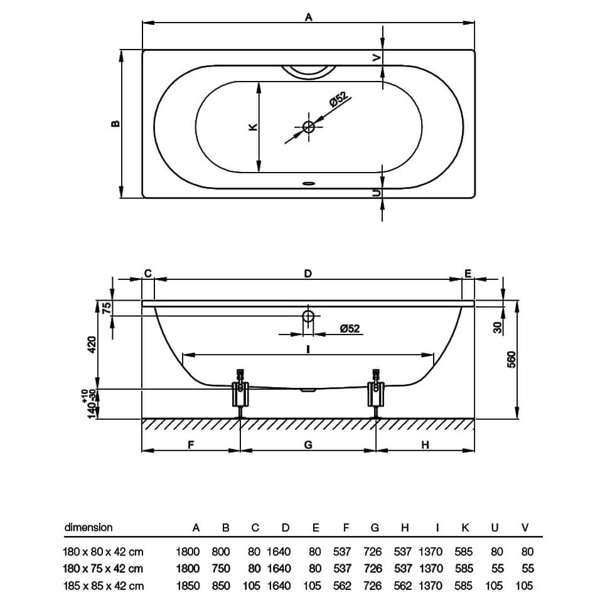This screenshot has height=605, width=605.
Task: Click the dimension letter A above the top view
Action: pos(308,18)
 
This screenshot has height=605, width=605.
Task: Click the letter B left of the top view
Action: pos(115,124)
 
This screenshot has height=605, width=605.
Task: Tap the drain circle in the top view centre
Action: pos(309,126)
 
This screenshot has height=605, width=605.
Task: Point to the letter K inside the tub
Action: pos(252,127)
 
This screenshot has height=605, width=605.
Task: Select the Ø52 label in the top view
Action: pos(338,100)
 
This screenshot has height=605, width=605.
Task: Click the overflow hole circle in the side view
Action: pos(309,316)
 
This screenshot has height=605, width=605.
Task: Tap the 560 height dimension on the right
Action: pos(511,360)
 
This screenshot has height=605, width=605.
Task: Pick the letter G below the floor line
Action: pos(308,444)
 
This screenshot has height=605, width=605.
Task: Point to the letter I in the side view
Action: pos(308,349)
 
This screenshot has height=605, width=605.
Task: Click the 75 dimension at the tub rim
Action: pos(106,308)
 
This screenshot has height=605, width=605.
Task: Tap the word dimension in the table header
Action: pos(88,527)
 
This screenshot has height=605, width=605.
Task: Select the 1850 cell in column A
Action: pos(188,586)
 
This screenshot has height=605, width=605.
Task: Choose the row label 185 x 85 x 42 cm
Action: pos(104,586)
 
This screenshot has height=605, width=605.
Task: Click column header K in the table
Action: pos(465,528)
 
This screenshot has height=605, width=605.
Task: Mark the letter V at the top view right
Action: pos(377,58)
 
